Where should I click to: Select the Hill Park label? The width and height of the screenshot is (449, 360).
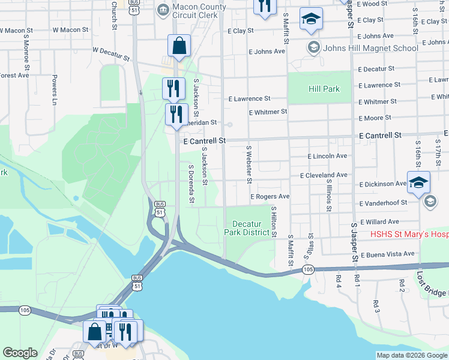coord(324,89)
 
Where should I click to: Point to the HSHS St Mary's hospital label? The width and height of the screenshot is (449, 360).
coord(409,235)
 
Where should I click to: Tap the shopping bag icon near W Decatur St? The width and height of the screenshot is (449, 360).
coord(179,45)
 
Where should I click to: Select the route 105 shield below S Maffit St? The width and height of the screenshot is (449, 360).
coord(307,271)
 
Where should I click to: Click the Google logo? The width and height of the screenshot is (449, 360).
coord(20,353)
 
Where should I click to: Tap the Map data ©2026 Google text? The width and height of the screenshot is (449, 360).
coord(412,355)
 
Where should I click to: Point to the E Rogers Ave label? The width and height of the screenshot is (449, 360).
coord(270,196)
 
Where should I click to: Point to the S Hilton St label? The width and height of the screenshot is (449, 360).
coord(274,222)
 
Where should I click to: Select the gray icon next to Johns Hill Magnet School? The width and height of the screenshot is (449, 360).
coord(313,47)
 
